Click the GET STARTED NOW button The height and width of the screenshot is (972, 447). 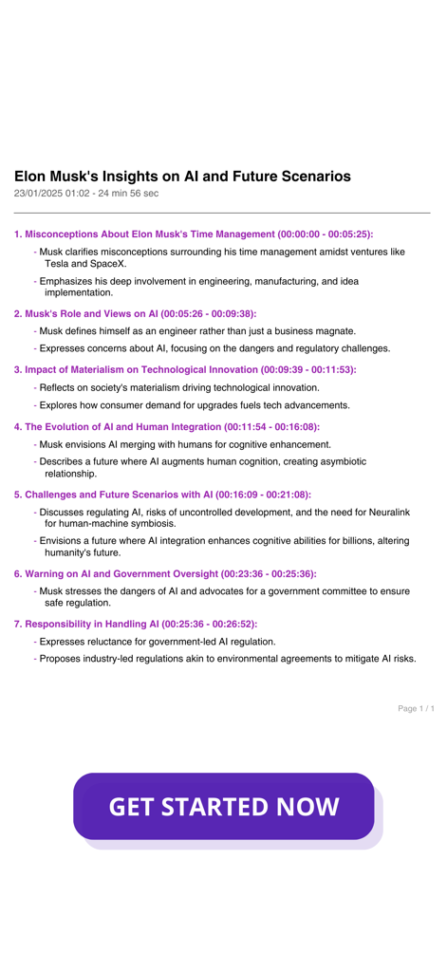(x=223, y=807)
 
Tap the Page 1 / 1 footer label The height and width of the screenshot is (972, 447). (x=416, y=708)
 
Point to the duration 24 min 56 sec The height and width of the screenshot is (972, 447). (x=124, y=194)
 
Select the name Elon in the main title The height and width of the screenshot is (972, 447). (x=31, y=177)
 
